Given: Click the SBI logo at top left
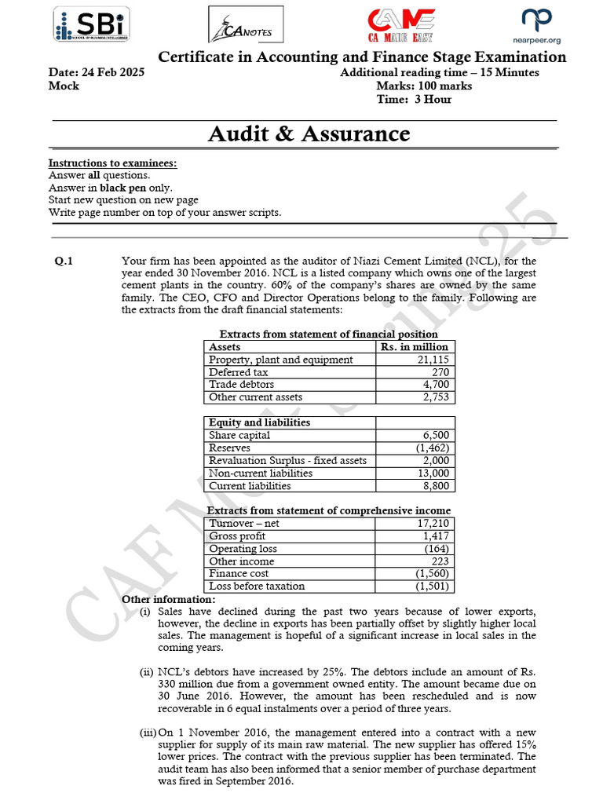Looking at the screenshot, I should point(91,26).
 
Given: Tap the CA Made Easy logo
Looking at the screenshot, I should point(402,26).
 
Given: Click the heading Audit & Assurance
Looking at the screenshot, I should point(309,133).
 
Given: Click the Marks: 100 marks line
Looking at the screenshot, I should point(424,86).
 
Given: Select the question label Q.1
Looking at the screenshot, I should point(64,263).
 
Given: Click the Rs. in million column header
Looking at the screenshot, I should point(414,346).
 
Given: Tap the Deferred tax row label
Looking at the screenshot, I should point(239,372).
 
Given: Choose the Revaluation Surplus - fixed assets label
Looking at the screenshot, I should point(287,460).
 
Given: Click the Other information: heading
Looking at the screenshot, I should point(163,600).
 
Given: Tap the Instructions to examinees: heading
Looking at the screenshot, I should point(112,163).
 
